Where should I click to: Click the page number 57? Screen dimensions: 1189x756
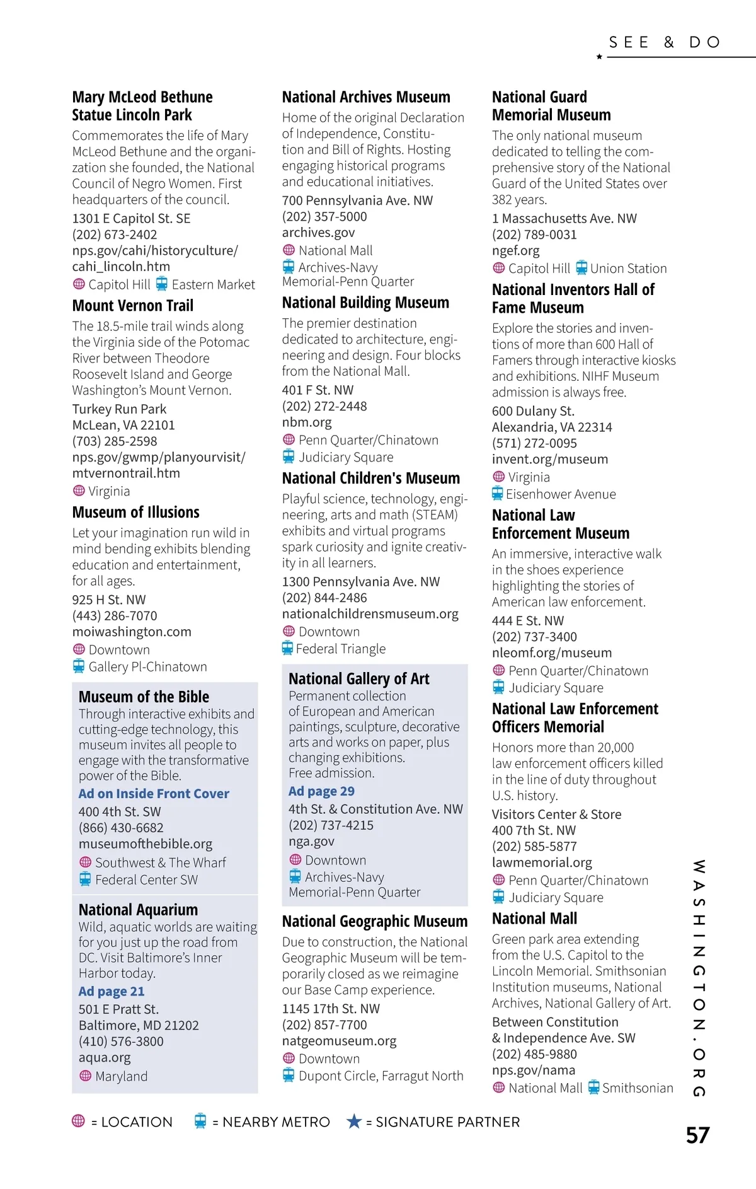697,1135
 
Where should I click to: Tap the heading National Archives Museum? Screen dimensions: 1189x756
366,97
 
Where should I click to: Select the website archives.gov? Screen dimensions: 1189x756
318,233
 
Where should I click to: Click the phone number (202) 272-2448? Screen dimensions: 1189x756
324,407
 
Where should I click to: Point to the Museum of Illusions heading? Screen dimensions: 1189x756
135,512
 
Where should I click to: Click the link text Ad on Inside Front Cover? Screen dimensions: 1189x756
154,794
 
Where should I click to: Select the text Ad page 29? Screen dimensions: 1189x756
321,791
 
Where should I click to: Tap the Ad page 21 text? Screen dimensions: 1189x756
112,992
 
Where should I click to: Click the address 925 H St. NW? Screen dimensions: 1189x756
108,600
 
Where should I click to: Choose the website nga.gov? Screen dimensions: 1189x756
311,842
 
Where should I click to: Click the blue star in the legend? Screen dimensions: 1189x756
354,1122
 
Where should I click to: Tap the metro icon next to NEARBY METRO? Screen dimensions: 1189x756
200,1121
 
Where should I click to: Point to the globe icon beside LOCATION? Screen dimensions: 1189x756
78,1121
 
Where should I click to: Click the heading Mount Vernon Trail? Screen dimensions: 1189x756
132,306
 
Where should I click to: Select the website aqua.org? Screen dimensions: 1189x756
105,1058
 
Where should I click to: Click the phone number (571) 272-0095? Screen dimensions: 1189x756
534,443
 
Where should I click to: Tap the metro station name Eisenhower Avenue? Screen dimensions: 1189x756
561,494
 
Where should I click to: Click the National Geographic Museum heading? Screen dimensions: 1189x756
374,922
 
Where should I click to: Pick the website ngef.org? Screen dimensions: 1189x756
515,250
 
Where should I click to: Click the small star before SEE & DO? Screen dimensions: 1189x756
599,57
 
